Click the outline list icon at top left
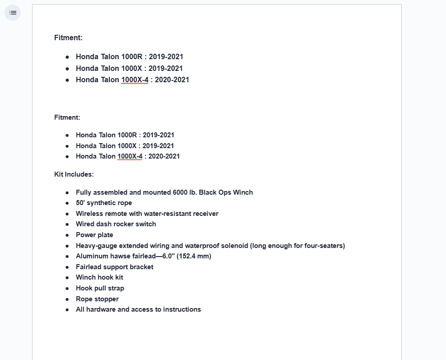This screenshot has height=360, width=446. [x=13, y=13]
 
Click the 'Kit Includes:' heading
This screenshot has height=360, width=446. [x=74, y=174]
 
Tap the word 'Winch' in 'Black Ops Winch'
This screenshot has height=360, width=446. [x=243, y=192]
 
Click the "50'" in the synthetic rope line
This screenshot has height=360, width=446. [x=80, y=203]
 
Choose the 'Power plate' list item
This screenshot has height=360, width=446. [x=94, y=235]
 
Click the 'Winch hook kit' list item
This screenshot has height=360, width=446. [x=99, y=277]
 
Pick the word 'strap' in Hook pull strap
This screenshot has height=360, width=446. [x=115, y=288]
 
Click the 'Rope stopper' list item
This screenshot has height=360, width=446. [x=97, y=299]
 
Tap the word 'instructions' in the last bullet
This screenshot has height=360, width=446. [x=182, y=309]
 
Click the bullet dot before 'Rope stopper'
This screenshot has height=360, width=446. [x=67, y=299]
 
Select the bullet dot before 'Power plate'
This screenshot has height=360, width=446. [x=67, y=235]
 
